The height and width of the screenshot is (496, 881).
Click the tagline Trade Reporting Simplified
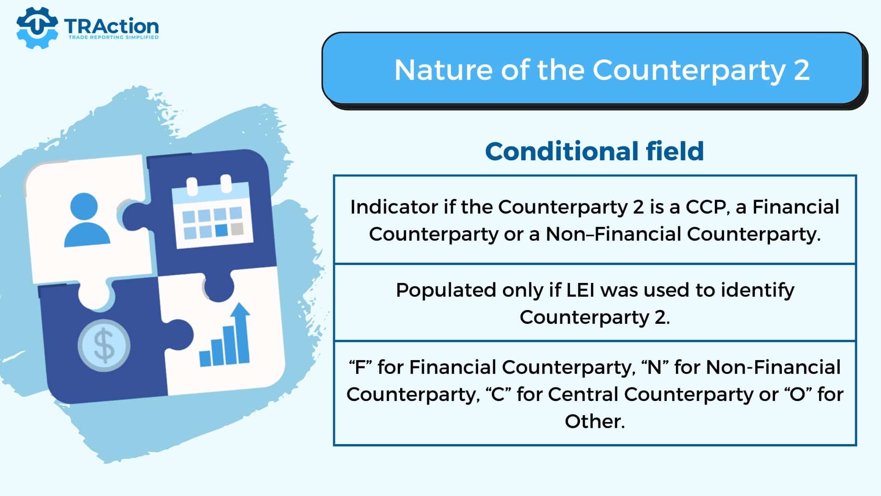click(x=113, y=37)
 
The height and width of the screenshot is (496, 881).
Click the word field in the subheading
click(x=675, y=151)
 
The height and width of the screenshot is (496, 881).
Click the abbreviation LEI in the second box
click(x=580, y=290)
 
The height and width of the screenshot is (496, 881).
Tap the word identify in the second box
click(x=758, y=291)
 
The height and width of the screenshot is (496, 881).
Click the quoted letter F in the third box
click(x=360, y=367)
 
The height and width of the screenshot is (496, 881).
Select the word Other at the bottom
click(x=595, y=422)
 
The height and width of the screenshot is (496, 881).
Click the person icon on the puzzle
click(x=87, y=220)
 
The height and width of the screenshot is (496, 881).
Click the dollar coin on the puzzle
click(x=104, y=345)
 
